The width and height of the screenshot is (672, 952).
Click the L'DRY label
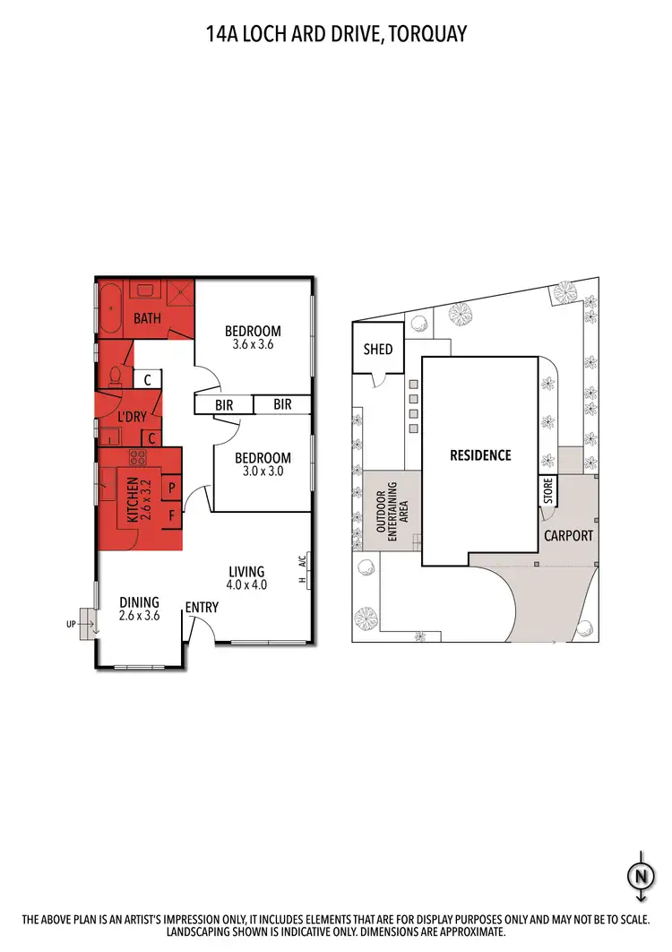click(x=132, y=417)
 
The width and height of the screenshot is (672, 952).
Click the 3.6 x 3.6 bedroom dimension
click(x=252, y=344)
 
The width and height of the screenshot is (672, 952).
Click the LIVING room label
click(x=246, y=572)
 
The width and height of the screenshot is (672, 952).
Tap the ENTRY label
click(x=202, y=608)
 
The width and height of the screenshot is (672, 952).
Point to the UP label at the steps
click(x=72, y=623)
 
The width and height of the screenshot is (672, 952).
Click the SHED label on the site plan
click(x=378, y=349)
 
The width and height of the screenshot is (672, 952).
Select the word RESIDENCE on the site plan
click(x=480, y=455)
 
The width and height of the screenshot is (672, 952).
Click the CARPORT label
click(x=568, y=535)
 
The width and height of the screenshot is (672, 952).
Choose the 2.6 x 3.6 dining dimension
click(x=139, y=616)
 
